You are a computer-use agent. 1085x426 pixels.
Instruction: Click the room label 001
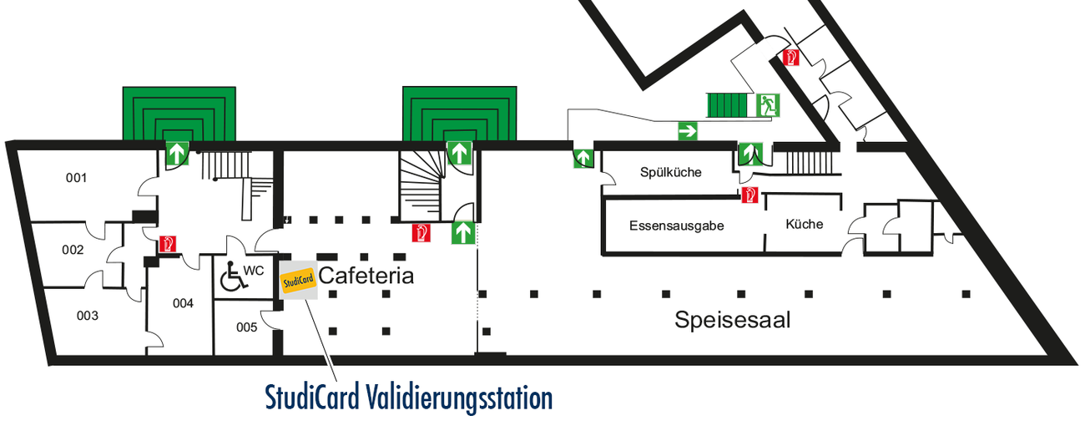coord(77,177)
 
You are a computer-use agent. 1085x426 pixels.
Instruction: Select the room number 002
coord(73,250)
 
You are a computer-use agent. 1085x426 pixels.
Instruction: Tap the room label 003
coord(88,316)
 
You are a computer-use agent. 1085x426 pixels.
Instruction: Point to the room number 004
coord(183,303)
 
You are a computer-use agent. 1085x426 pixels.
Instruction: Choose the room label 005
coord(246,327)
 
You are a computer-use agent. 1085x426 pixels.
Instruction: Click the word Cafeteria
coord(366,276)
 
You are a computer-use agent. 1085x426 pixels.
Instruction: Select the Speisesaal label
coord(733,319)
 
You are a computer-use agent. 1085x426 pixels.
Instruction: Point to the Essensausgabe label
coord(676,226)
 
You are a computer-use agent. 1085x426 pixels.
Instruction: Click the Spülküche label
coord(671,173)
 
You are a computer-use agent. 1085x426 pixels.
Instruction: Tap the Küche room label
coord(805,224)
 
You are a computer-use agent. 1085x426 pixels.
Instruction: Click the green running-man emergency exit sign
coord(767,105)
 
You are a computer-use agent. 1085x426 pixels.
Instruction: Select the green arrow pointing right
coord(688,130)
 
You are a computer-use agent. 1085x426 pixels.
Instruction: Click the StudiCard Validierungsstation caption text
coord(409,398)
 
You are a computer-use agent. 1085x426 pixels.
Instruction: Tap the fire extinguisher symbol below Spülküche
coord(749,195)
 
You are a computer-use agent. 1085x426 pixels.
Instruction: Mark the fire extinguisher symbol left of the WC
coord(168,244)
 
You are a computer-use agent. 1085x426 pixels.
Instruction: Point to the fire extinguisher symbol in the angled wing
coord(790,58)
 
